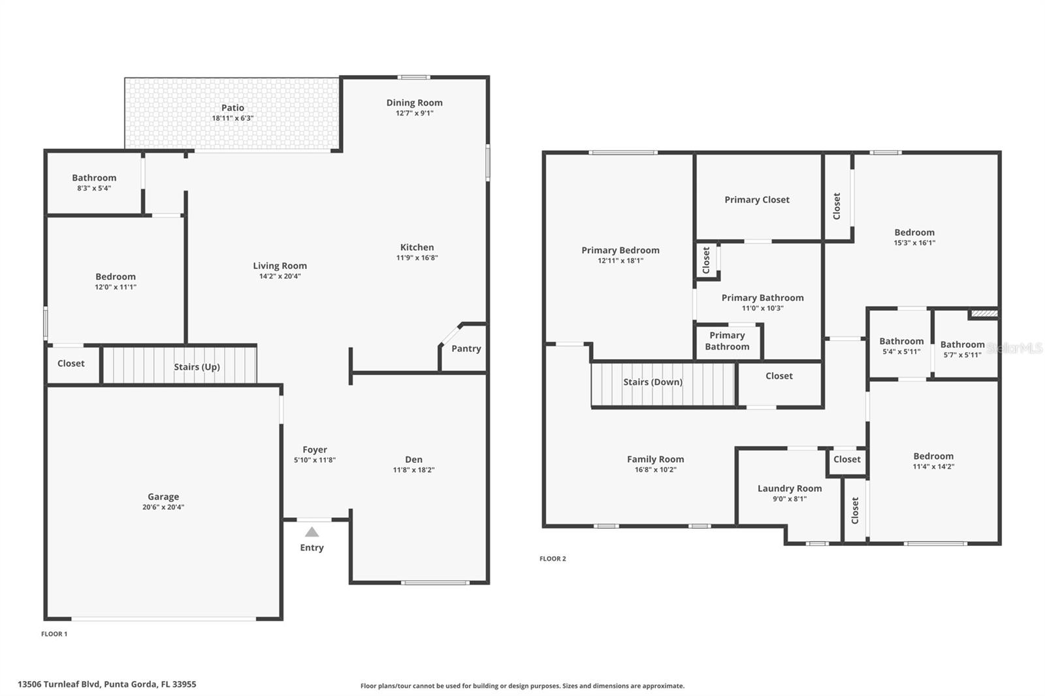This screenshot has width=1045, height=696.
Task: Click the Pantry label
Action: [x=466, y=349]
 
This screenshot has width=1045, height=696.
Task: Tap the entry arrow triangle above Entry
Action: [x=312, y=532]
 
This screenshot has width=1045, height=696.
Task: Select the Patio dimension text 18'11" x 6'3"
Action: [x=233, y=118]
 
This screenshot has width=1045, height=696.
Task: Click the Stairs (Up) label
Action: [x=197, y=367]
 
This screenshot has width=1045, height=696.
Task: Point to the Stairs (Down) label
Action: [x=652, y=382]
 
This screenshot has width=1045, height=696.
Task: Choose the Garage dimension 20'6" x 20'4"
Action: [x=163, y=507]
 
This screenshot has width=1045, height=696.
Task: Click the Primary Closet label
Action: [x=757, y=200]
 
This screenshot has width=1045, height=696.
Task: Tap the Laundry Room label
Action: [x=790, y=488]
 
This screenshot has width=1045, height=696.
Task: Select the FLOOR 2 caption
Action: [x=553, y=559]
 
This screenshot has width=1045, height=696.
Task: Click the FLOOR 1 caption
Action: [x=54, y=634]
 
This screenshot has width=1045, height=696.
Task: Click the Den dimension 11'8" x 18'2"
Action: [x=413, y=470]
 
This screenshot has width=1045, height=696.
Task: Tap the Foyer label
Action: [x=315, y=450]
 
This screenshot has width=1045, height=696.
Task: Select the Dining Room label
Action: [x=414, y=103]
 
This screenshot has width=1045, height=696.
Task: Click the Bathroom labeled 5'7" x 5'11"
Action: [x=962, y=345]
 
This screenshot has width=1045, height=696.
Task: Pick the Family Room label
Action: [x=655, y=460]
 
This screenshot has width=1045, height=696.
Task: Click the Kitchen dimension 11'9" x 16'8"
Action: [x=417, y=258]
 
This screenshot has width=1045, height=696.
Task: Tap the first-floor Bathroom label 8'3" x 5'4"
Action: [x=94, y=178]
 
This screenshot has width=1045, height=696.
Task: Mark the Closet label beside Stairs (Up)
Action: [x=71, y=364]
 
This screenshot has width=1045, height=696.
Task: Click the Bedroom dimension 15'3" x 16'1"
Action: [x=914, y=243]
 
